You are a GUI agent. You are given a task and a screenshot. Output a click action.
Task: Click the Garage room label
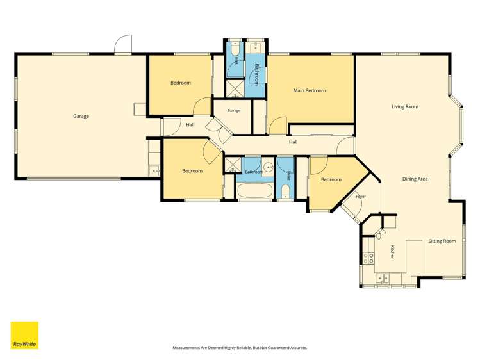click(81, 116)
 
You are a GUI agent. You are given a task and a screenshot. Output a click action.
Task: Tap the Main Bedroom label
click(310, 90)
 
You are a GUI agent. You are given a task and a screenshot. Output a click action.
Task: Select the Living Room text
click(405, 107)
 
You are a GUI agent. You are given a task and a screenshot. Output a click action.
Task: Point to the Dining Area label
click(415, 179)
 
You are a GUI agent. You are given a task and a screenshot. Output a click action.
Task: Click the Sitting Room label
click(442, 241)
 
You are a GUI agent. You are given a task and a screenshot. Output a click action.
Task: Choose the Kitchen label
click(392, 252)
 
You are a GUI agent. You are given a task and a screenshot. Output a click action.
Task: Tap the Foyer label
click(361, 197)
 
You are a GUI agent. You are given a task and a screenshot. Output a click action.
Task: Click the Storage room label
click(234, 110)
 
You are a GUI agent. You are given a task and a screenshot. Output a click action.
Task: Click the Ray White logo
click(24, 335)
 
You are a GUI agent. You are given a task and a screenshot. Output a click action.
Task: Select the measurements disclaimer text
click(240, 348)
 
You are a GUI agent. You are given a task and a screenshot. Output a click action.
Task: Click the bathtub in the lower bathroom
click(255, 191)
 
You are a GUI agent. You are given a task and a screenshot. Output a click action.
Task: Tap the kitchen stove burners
click(368, 258)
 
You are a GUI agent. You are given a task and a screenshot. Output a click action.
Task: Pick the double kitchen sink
click(382, 278)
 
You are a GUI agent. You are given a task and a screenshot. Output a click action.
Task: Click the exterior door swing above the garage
click(123, 44)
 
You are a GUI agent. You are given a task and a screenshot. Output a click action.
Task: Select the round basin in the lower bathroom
click(269, 167)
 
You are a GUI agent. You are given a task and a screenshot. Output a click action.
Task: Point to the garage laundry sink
click(154, 170)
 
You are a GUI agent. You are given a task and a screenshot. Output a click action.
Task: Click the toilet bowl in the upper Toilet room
click(235, 49)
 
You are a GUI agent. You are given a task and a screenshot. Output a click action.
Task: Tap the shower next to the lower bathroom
click(233, 165)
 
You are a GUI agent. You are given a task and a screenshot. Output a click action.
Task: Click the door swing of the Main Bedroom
click(278, 125)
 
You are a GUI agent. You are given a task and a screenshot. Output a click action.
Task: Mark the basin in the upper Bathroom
click(255, 47)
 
